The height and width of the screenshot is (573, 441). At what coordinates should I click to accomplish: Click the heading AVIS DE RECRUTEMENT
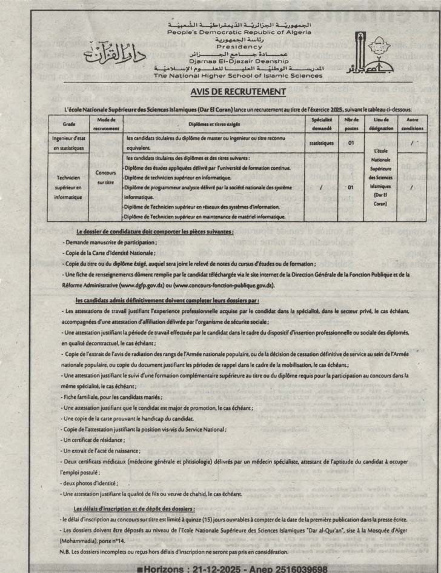221,92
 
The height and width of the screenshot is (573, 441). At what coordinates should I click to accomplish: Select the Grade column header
68,124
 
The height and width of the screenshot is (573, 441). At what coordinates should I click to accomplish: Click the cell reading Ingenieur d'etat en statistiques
68,143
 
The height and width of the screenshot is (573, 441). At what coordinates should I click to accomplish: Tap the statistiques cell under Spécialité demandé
321,143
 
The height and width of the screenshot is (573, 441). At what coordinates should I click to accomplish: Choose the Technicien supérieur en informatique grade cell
68,188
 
